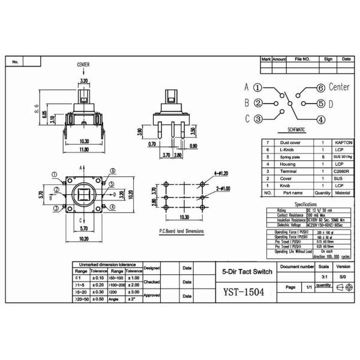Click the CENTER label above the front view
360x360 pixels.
pyautogui.click(x=84, y=64)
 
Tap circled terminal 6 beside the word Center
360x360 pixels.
pyautogui.click(x=321, y=88)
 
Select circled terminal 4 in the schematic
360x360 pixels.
pyautogui.click(x=321, y=119)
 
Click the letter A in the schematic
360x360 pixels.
pyautogui.click(x=246, y=87)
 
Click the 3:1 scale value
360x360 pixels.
pyautogui.click(x=323, y=277)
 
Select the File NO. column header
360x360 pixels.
pyautogui.click(x=302, y=59)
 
